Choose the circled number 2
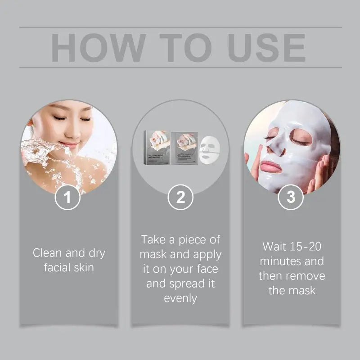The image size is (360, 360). [180, 197]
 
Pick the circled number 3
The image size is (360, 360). [291, 197]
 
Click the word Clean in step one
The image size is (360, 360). [48, 253]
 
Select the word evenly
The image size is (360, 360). [180, 298]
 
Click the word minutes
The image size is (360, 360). [280, 261]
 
